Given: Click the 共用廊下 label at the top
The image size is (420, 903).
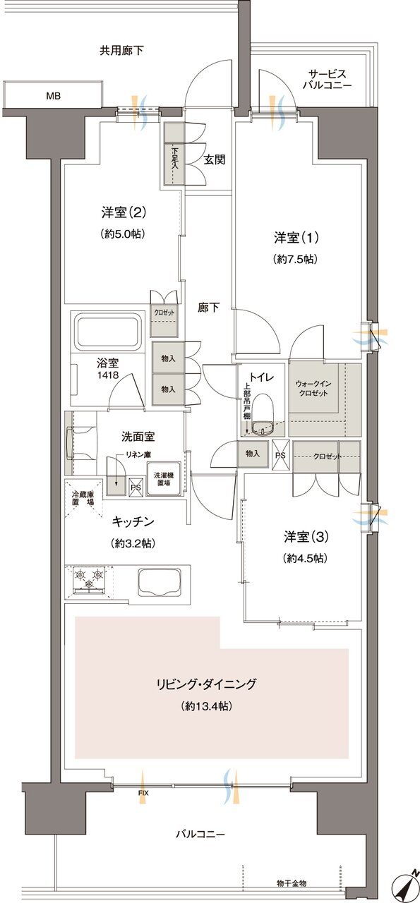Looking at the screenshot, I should tap(121, 51).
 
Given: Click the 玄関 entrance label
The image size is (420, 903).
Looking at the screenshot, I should tap(215, 159).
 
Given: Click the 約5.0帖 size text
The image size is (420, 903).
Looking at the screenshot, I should tap(123, 234).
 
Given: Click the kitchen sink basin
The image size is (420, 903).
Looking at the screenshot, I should tap(160, 582).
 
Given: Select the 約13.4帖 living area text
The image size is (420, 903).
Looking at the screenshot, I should tap(207, 705).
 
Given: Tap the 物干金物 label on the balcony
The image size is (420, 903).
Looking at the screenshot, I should tap(292, 883).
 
